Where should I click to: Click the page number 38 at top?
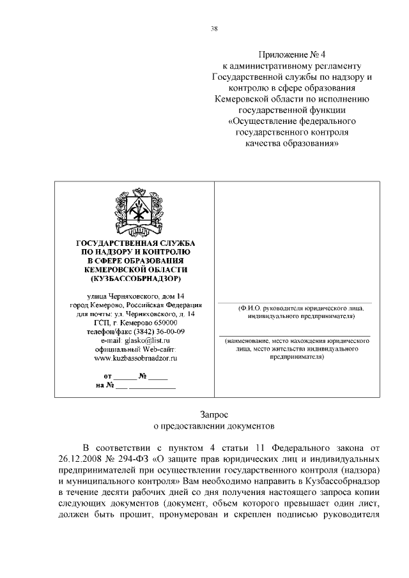pos(214,27)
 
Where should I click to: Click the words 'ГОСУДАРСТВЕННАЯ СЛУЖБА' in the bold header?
pos(135,243)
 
